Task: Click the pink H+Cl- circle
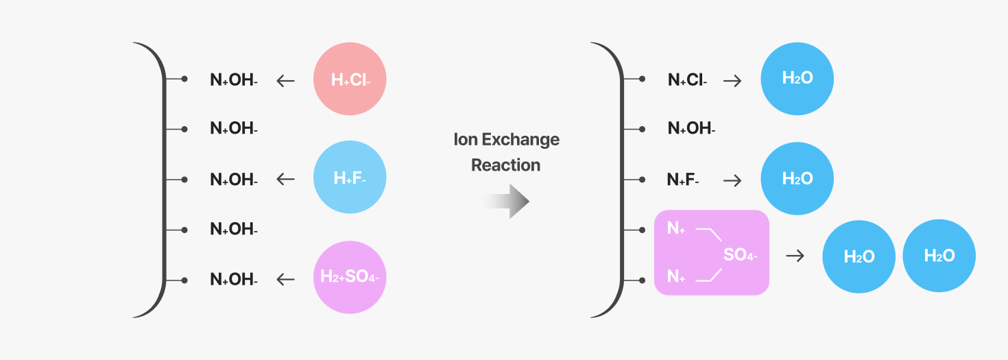pyautogui.click(x=350, y=79)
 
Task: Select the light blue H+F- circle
pyautogui.click(x=350, y=178)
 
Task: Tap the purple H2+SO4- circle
pyautogui.click(x=350, y=277)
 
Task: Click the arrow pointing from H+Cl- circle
pyautogui.click(x=286, y=81)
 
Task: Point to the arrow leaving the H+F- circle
pyautogui.click(x=286, y=179)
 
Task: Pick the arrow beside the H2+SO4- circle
pyautogui.click(x=286, y=280)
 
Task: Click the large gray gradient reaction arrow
pyautogui.click(x=506, y=201)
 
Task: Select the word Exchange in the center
pyautogui.click(x=520, y=140)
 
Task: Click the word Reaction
pyautogui.click(x=506, y=165)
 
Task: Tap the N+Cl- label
pyautogui.click(x=687, y=80)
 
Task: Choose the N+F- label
pyautogui.click(x=683, y=180)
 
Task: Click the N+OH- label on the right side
pyautogui.click(x=691, y=128)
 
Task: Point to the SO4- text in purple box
pyautogui.click(x=741, y=255)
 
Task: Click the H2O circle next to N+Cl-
pyautogui.click(x=797, y=79)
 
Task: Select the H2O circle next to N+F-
pyautogui.click(x=797, y=179)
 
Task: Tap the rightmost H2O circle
pyautogui.click(x=939, y=256)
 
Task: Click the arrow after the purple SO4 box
pyautogui.click(x=795, y=256)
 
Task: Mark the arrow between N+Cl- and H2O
pyautogui.click(x=732, y=81)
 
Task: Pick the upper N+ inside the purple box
pyautogui.click(x=676, y=228)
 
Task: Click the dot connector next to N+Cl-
pyautogui.click(x=642, y=79)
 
